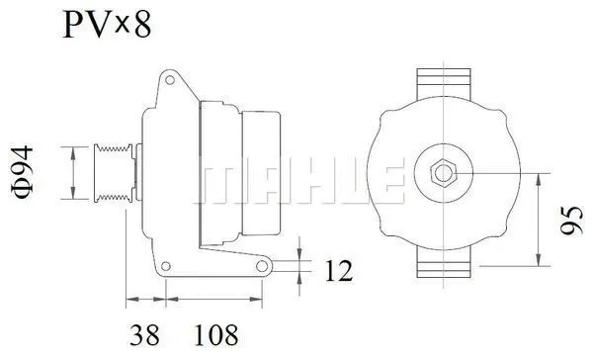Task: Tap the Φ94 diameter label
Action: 27,170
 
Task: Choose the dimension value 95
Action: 568,220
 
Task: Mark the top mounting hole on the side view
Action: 170,77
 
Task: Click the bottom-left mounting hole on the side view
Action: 169,266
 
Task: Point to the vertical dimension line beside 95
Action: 538,220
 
